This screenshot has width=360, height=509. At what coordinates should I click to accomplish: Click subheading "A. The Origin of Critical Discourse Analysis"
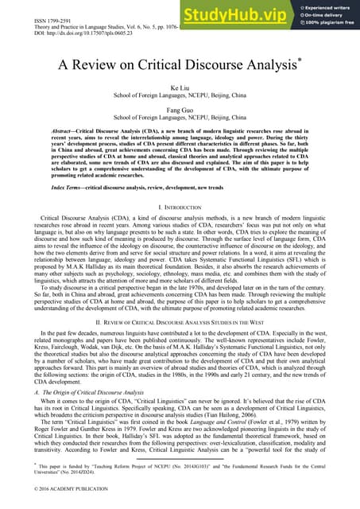pos(87,394)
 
